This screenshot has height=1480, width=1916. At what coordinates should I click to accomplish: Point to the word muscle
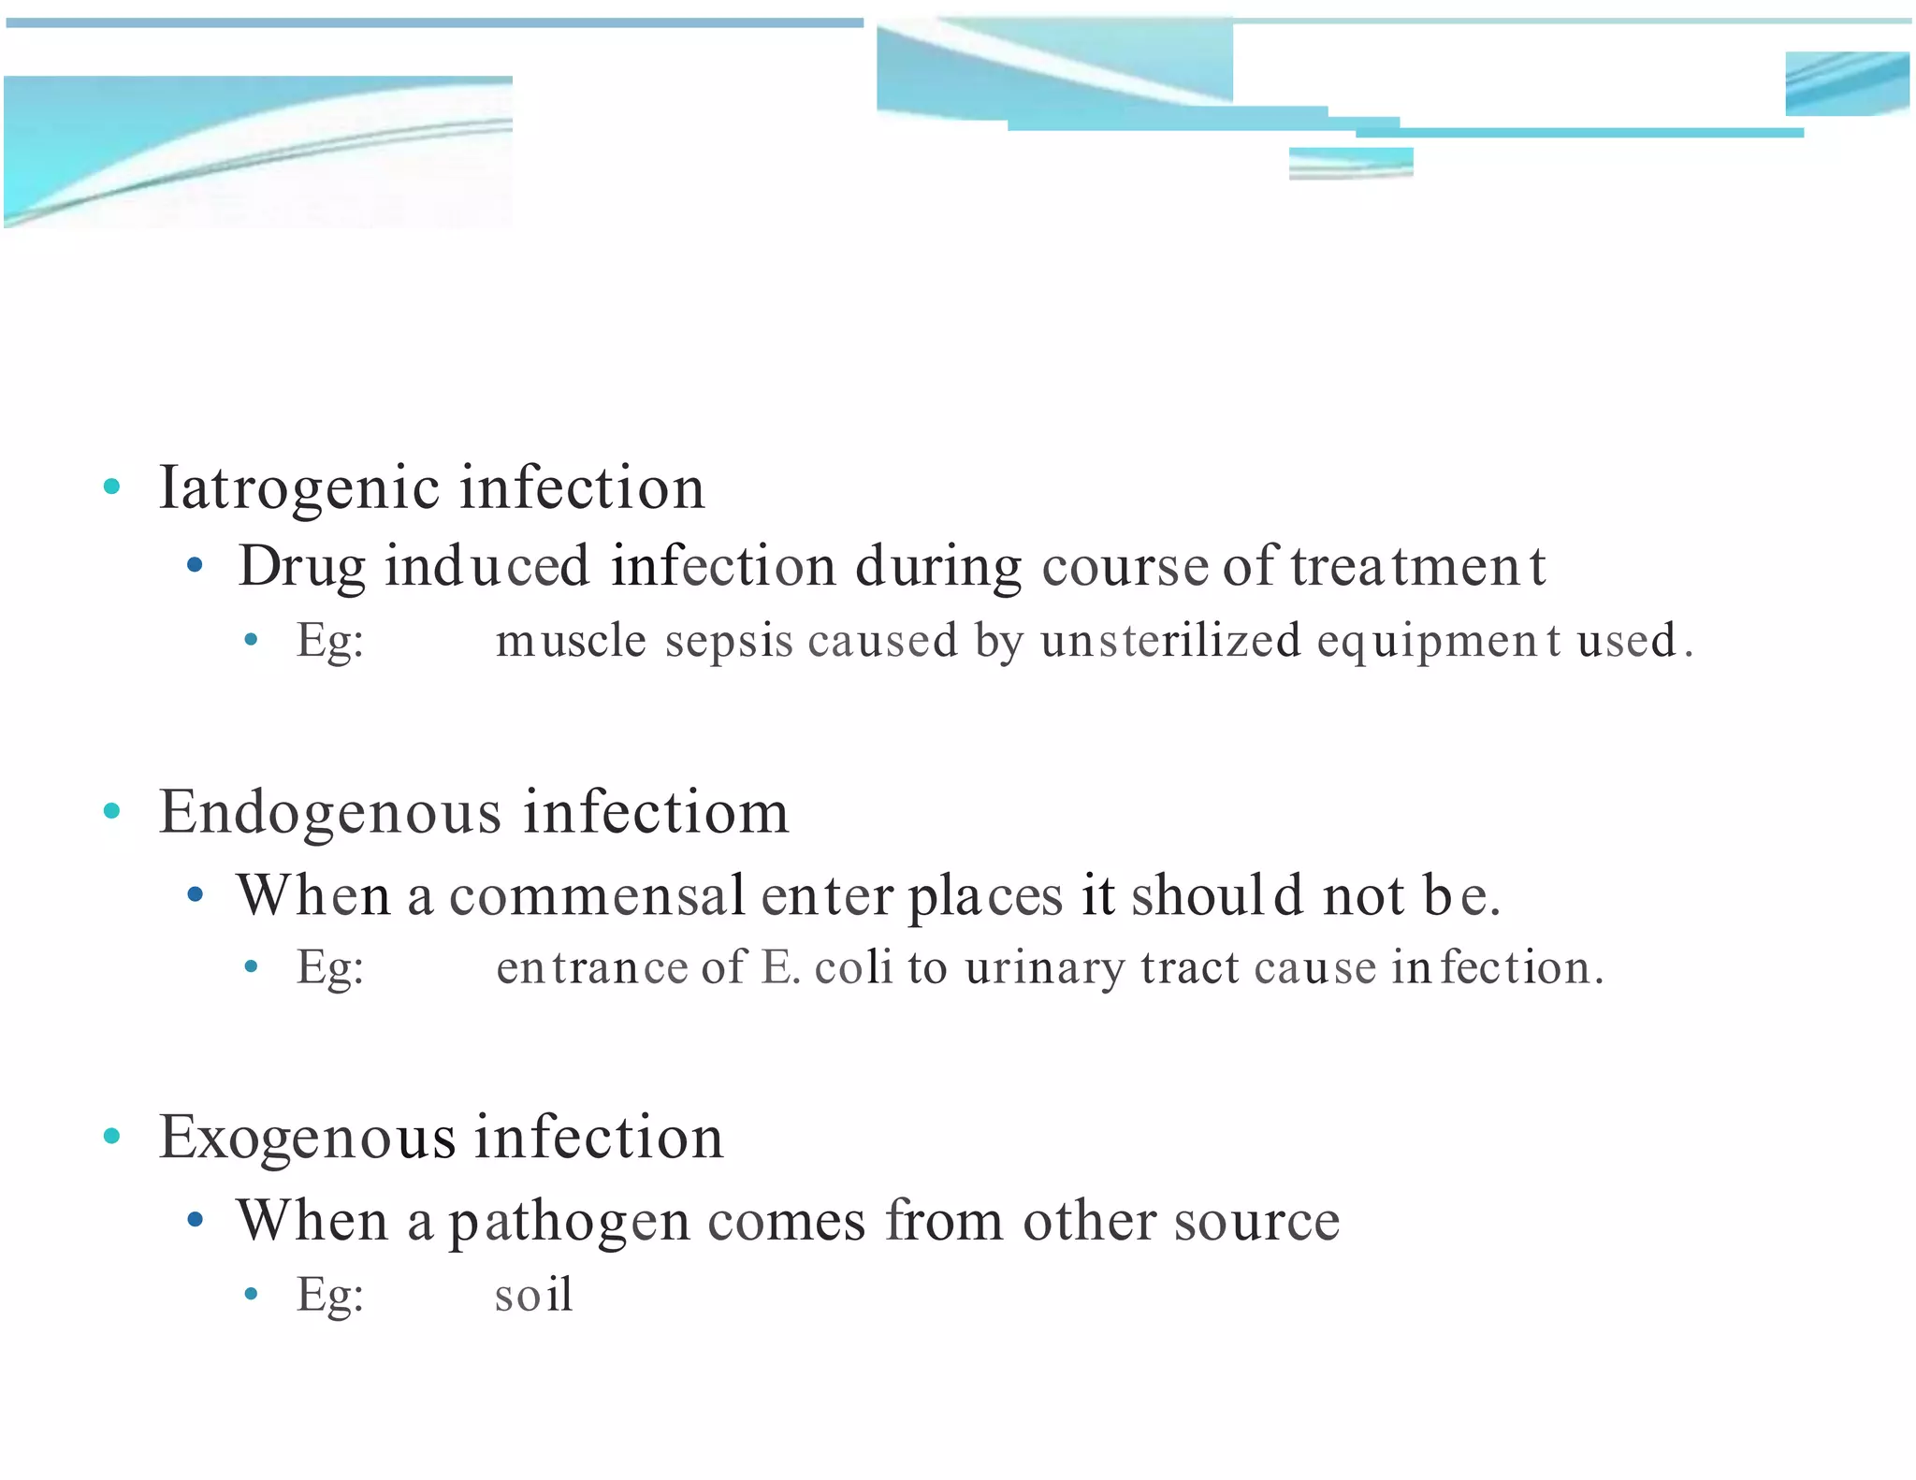[571, 641]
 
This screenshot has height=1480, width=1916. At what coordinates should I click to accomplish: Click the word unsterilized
[1170, 641]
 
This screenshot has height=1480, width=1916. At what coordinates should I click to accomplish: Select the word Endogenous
[330, 812]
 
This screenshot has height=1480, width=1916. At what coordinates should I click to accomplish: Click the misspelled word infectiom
[656, 812]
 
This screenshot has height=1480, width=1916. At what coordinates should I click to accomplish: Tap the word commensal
[597, 895]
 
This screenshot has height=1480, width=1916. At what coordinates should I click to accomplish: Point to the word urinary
[1044, 968]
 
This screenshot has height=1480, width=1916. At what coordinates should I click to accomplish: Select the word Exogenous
[308, 1139]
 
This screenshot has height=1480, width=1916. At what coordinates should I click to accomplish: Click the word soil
[533, 1296]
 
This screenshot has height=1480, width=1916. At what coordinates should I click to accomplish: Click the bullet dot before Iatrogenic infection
[112, 486]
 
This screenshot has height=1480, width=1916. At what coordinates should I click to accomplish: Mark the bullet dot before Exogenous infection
[112, 1136]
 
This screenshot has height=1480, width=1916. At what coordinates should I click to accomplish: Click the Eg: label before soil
[330, 1297]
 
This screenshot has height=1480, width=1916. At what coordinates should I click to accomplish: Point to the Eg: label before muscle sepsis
[330, 643]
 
